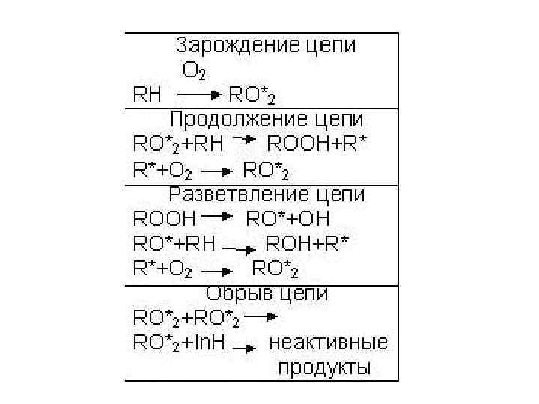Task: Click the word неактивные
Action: [328, 344]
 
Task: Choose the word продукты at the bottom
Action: [324, 368]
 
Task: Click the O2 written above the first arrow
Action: [194, 71]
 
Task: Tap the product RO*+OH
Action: [288, 219]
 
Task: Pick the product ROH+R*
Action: [308, 244]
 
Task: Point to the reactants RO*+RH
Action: [174, 244]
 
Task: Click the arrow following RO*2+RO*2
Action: [261, 317]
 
